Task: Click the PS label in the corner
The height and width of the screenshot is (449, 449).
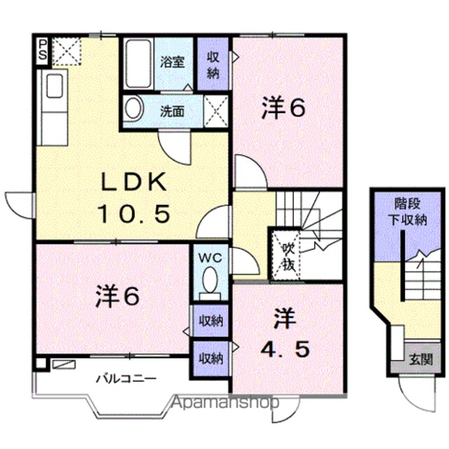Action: pos(42,50)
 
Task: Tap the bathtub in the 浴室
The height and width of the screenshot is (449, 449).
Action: pos(139,64)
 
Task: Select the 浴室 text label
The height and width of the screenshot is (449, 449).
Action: pos(173,62)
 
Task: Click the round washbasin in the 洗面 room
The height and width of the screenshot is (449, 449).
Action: pos(133,108)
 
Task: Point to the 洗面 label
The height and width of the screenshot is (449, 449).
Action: pos(172,112)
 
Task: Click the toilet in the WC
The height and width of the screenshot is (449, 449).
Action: pos(210,283)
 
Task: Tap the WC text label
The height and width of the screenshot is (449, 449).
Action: pos(210,258)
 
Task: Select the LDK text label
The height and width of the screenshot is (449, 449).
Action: pos(133,182)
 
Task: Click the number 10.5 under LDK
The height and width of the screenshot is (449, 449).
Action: pos(134,213)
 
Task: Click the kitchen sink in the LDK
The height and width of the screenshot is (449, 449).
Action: pos(55,86)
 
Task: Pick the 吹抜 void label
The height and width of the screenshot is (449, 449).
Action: pos(288,257)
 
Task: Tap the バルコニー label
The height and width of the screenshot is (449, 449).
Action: pos(126,379)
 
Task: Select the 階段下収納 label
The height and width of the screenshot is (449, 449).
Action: pos(407,212)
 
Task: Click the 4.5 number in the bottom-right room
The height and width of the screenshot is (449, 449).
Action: pos(285,349)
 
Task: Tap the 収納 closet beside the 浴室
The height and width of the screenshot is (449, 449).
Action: pos(213,64)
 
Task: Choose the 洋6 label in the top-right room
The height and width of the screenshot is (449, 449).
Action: pos(283,108)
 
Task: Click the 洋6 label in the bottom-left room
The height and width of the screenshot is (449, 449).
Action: pos(118,296)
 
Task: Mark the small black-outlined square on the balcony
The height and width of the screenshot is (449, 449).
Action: pos(40,363)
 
